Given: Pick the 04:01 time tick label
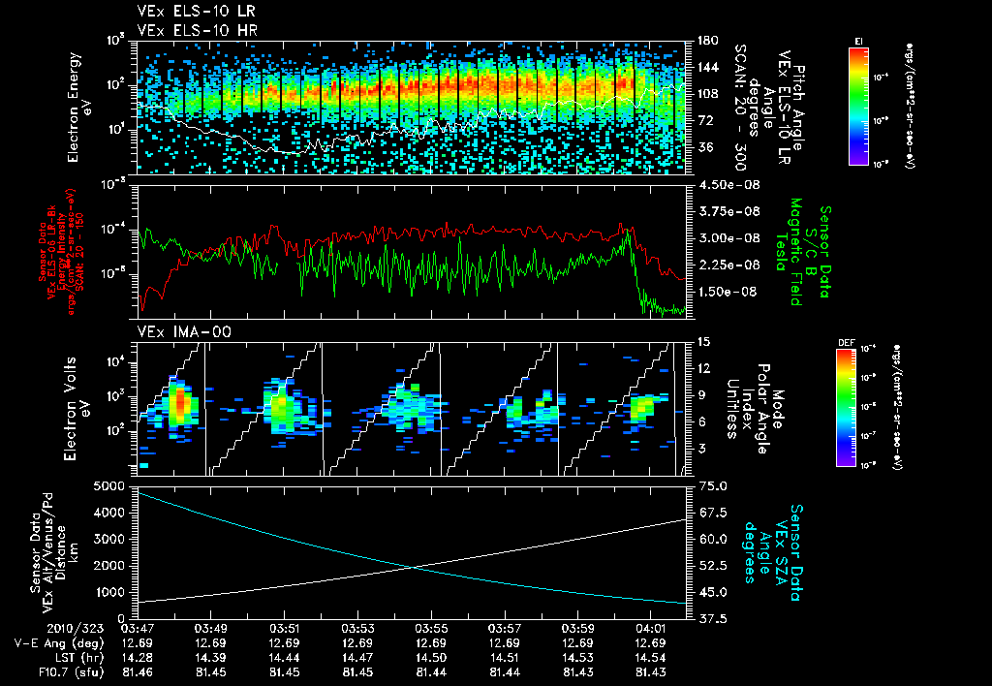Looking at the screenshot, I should click(x=649, y=628).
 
